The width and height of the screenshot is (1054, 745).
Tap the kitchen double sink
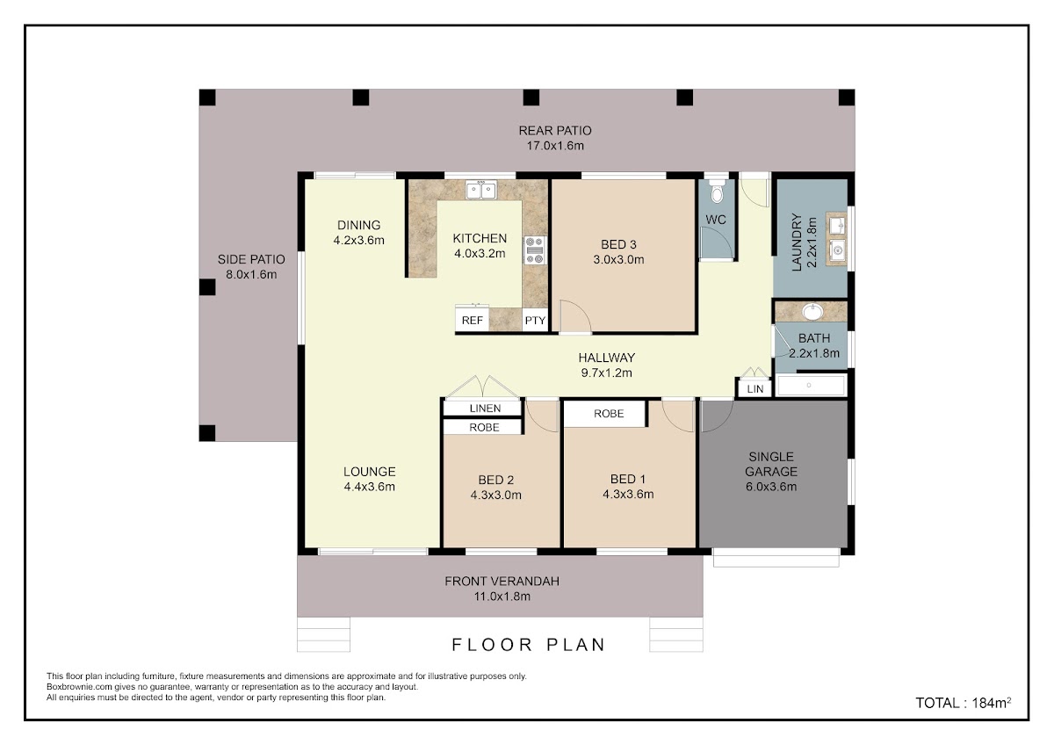481,190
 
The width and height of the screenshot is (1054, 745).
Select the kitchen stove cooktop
535,250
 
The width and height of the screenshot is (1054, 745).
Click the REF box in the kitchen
472,320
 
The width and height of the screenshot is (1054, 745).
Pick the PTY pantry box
535,321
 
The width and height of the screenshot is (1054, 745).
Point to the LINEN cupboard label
485,409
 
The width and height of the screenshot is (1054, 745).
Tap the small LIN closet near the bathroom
754,388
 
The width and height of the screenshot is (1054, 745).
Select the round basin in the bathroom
812,312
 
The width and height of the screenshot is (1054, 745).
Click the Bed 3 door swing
575,316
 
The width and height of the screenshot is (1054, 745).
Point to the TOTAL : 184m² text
964,703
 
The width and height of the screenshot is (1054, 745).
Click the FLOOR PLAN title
528,645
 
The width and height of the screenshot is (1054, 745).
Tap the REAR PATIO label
555,130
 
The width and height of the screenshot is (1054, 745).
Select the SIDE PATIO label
251,259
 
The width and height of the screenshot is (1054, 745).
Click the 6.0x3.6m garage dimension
771,487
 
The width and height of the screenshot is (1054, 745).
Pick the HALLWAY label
607,358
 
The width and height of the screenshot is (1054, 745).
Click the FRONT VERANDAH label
502,582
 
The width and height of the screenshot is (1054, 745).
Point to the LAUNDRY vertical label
797,242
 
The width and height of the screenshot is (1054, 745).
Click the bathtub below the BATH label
811,385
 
